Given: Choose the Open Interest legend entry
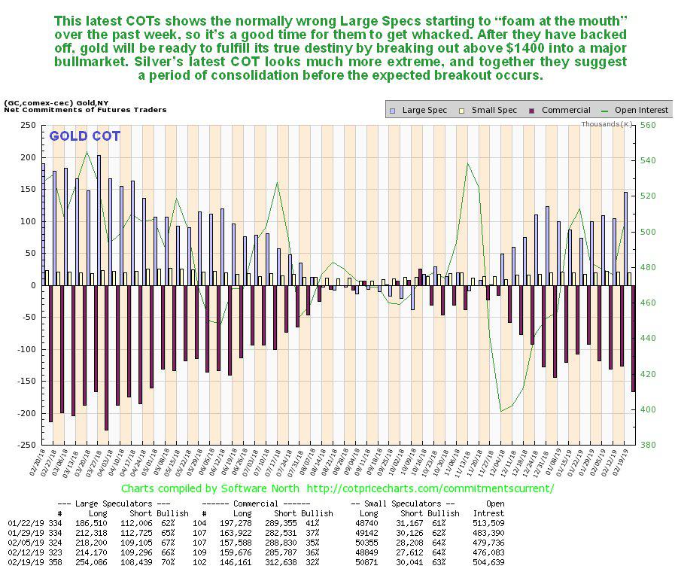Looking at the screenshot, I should point(639,110).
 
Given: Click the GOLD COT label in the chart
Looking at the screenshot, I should point(85,136).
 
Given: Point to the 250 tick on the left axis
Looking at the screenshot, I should point(29,126).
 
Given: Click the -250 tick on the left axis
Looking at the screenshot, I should point(26,446).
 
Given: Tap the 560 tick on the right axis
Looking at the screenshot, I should point(646,126).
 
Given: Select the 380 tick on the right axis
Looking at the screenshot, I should point(646,446).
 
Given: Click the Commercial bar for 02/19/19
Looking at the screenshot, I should point(633,338).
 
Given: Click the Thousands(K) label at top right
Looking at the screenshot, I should point(607,123).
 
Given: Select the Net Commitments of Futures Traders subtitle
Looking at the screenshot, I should point(85,110).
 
